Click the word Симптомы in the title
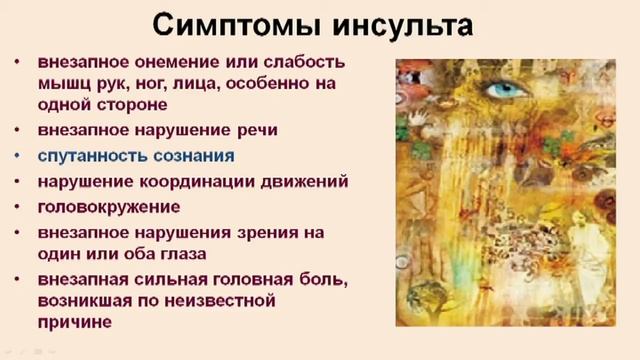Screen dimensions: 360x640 [x=227, y=23]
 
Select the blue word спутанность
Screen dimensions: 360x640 [x=86, y=155]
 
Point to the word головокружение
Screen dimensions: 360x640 [x=110, y=207]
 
